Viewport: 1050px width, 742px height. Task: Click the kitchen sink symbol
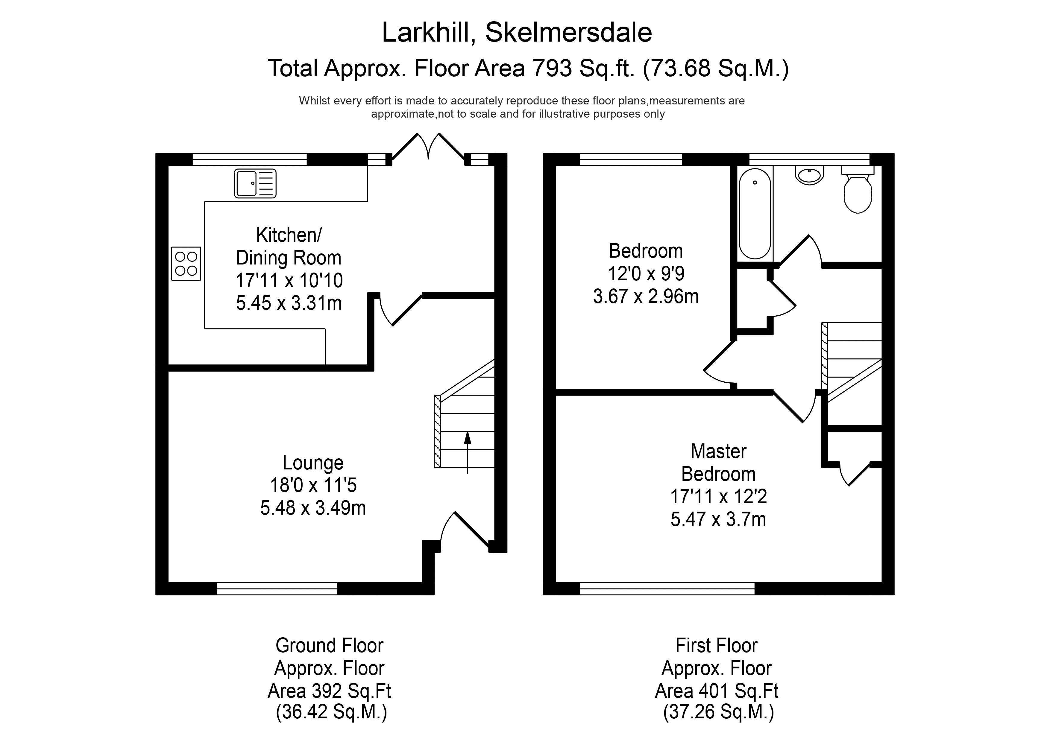255,183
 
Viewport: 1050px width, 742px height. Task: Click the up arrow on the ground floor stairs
467,453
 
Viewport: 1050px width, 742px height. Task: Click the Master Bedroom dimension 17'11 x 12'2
718,496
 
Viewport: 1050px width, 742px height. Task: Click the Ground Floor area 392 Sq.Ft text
329,691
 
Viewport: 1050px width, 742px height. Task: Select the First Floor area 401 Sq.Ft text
717,691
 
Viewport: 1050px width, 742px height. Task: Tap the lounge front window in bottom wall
277,589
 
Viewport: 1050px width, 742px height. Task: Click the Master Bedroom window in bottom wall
667,589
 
